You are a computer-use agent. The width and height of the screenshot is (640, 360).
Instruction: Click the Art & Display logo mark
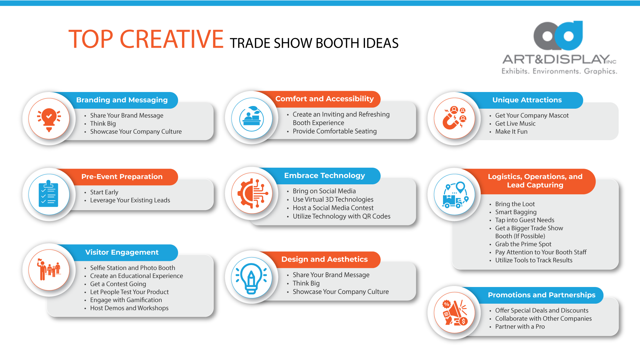click(x=558, y=36)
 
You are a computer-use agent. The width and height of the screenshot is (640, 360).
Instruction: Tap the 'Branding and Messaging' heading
click(x=122, y=100)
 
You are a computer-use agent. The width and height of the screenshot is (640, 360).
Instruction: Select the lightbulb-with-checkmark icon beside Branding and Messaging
click(x=49, y=119)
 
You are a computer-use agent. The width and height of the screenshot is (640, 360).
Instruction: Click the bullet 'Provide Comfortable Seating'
click(x=334, y=131)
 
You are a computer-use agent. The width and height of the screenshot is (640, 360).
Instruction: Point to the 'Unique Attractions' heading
click(x=527, y=100)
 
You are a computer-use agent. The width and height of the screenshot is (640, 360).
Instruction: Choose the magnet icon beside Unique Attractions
click(x=454, y=118)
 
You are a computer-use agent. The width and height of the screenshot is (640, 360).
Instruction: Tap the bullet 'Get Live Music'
click(x=515, y=124)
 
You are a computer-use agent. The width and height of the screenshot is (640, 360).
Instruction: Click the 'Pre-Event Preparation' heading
click(x=122, y=177)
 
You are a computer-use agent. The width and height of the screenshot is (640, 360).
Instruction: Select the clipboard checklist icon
click(x=49, y=195)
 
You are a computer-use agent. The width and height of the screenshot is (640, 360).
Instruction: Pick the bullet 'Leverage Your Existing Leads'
click(x=130, y=200)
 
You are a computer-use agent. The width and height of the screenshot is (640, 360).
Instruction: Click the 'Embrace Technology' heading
click(x=324, y=176)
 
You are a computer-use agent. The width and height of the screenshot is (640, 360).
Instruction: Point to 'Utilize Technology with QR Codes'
click(x=341, y=216)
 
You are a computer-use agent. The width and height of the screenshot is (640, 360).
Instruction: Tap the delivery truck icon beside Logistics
click(x=454, y=195)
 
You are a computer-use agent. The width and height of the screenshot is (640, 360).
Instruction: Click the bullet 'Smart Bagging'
click(x=516, y=212)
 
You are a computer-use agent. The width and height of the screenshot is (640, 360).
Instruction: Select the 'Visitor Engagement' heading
click(x=122, y=252)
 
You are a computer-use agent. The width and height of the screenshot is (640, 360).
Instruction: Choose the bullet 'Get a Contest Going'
click(x=118, y=284)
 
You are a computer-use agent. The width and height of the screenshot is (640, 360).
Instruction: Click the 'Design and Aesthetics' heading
click(x=324, y=259)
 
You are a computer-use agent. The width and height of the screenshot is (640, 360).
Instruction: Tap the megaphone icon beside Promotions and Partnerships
click(x=454, y=313)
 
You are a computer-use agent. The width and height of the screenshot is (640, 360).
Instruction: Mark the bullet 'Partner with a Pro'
click(x=520, y=327)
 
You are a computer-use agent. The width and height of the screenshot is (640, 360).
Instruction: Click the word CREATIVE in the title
click(x=171, y=39)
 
